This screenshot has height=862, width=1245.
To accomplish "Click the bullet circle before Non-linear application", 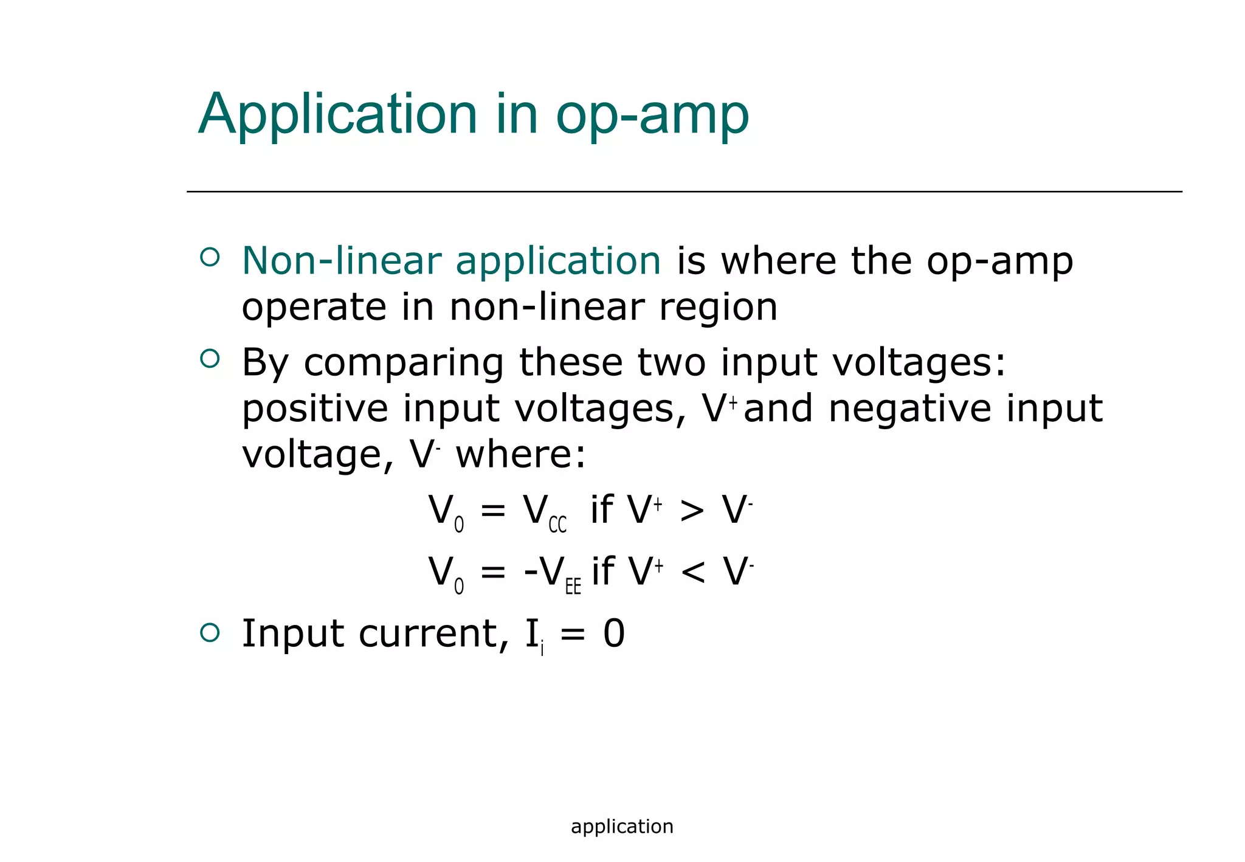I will (210, 257).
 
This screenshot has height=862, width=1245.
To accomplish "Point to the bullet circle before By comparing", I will (210, 359).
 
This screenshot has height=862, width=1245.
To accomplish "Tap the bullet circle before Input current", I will (210, 633).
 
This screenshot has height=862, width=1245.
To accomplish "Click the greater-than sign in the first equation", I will (692, 511).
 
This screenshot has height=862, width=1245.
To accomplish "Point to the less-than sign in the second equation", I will (693, 572).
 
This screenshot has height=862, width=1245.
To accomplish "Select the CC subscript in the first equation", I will (557, 525).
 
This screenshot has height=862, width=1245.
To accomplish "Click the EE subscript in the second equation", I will (573, 587).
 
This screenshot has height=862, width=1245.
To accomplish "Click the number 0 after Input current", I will (614, 634).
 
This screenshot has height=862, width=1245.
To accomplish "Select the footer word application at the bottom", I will (622, 827).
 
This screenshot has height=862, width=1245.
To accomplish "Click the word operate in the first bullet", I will (314, 307).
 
